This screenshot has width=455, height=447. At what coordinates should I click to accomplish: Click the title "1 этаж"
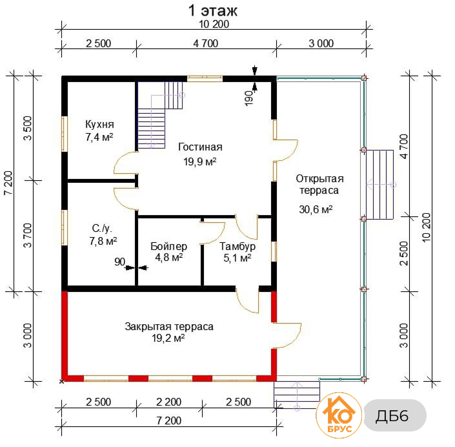click(213, 11)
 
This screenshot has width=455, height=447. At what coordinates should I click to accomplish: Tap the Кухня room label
click(99, 124)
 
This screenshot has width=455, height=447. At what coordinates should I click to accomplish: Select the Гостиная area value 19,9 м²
click(200, 161)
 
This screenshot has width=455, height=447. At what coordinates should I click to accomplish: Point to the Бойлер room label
click(168, 246)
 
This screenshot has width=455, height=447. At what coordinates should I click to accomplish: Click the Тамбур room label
click(238, 246)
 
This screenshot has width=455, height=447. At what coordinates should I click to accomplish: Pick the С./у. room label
click(102, 229)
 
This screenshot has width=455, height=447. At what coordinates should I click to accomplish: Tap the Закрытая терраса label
click(169, 326)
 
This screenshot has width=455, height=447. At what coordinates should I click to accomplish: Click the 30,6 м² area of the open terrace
click(316, 209)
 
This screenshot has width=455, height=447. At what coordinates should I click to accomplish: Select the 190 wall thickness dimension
click(249, 98)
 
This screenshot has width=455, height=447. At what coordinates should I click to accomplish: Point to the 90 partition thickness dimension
click(119, 262)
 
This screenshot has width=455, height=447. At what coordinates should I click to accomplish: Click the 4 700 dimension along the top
click(206, 43)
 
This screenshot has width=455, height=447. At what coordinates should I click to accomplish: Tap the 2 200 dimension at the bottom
click(168, 402)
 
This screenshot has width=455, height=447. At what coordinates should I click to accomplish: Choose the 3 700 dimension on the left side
click(28, 235)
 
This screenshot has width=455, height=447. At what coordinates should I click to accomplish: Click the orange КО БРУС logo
click(339, 415)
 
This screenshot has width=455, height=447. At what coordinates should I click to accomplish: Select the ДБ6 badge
click(394, 415)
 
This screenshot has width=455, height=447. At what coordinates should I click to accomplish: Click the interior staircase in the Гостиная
click(160, 115)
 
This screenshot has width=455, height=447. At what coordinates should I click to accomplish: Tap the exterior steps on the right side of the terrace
click(380, 185)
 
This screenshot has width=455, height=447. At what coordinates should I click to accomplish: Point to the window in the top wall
click(205, 78)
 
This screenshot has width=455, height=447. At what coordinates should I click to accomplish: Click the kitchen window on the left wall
click(65, 134)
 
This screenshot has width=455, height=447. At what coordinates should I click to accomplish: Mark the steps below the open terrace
click(297, 395)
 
